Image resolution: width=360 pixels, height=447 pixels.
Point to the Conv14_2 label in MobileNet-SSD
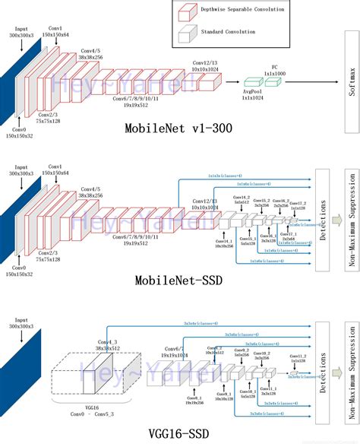[x=241, y=199]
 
